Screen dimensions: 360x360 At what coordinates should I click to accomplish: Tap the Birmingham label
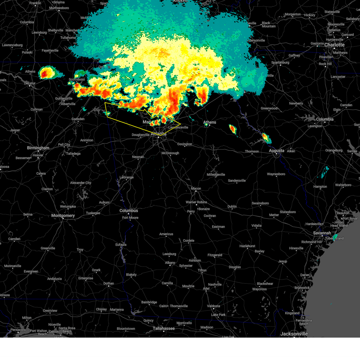pyautogui.click(x=38, y=148)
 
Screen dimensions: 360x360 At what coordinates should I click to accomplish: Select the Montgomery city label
pyautogui.click(x=63, y=215)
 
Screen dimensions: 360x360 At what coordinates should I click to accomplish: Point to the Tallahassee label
pyautogui.click(x=164, y=328)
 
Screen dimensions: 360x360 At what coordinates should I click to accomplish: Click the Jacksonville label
pyautogui.click(x=294, y=334)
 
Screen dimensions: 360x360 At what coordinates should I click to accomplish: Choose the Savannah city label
pyautogui.click(x=322, y=233)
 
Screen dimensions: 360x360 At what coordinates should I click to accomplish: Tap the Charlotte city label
pyautogui.click(x=334, y=45)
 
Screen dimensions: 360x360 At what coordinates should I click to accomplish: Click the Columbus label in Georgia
pyautogui.click(x=129, y=211)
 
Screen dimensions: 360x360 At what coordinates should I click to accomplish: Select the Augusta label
pyautogui.click(x=276, y=151)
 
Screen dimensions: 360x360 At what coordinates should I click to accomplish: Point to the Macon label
pyautogui.click(x=196, y=188)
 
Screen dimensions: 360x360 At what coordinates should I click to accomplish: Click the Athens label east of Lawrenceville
pyautogui.click(x=210, y=122)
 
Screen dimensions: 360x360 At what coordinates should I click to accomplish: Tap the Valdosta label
pyautogui.click(x=214, y=306)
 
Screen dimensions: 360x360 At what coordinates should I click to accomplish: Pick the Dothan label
pyautogui.click(x=109, y=283)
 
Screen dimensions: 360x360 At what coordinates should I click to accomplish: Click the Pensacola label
pyautogui.click(x=18, y=330)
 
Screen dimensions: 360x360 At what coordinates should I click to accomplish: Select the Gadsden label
pyautogui.click(x=78, y=119)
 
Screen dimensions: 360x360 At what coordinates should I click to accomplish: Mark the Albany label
pyautogui.click(x=170, y=262)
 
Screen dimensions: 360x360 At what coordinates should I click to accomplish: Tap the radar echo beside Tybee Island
pyautogui.click(x=335, y=237)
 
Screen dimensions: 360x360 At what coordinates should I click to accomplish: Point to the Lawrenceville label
pyautogui.click(x=178, y=127)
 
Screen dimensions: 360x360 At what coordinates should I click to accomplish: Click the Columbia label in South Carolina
pyautogui.click(x=325, y=119)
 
